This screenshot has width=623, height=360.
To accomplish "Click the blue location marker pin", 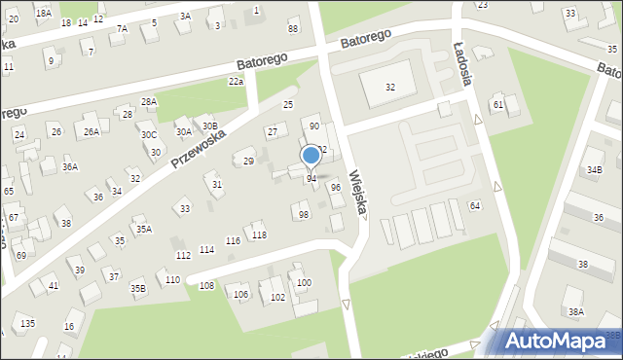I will point(311,156).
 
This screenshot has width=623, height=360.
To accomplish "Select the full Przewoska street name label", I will point(199,149).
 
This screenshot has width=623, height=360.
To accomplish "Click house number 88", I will point(293,29).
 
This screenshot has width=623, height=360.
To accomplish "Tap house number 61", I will point(498,104).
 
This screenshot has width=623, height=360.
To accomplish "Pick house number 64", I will point(475,206).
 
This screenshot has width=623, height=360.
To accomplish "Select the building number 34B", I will point(594,170).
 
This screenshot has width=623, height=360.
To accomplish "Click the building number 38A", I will point(576,312).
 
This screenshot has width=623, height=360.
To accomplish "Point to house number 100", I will point(305,283).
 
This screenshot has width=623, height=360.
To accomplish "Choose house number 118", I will point(259,234).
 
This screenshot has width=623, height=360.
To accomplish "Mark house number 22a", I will point(236,83).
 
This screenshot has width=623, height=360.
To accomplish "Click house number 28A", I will point(149,101).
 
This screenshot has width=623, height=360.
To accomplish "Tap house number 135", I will point(28,323).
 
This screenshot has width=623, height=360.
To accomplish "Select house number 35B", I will point(138,287).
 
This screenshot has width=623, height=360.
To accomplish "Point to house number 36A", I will point(70,167).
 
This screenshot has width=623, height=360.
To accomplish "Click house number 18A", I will point(43,12).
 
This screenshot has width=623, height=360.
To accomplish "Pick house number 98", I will point(304,214).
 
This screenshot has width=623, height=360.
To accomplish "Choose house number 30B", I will point(209,126).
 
